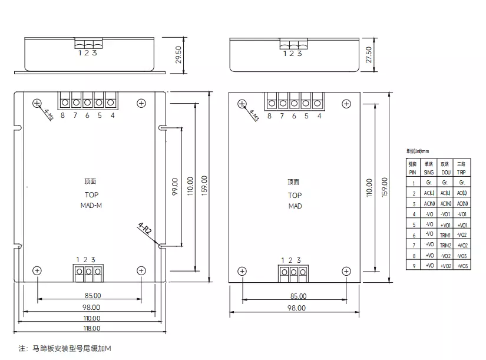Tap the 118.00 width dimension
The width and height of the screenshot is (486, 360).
tap(91, 328)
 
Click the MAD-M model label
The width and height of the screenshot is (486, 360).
tap(91, 206)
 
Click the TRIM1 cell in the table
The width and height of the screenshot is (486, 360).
tap(445, 235)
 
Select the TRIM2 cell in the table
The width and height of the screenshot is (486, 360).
tap(445, 245)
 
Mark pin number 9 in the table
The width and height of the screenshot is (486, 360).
tap(414, 266)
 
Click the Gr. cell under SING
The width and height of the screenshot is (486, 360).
tap(429, 183)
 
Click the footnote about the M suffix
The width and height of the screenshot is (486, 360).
tap(65, 348)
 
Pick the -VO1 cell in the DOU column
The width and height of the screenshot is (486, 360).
tap(445, 214)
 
